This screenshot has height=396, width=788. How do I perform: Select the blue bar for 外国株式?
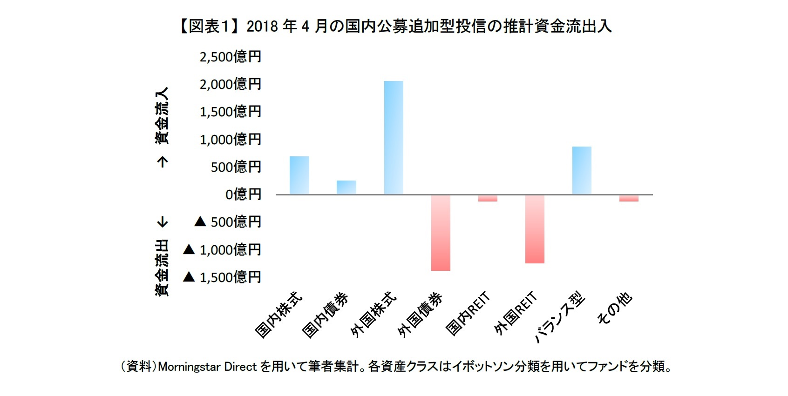(394, 138)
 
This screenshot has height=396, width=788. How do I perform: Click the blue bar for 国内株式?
(299, 175)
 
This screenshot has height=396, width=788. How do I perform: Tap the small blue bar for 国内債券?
(346, 188)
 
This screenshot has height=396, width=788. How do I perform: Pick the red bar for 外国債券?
(441, 233)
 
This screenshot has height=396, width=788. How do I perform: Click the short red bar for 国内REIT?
(488, 198)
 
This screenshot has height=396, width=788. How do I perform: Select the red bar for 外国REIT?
(535, 229)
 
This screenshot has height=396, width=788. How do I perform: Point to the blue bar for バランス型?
(582, 170)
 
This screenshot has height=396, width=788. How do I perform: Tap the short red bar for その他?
(629, 198)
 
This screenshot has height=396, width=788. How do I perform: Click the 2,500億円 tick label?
(231, 57)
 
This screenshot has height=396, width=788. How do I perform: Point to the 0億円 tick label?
(243, 194)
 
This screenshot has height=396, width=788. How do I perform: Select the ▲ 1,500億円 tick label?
(222, 277)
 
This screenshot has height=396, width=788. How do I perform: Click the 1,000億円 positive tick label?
(231, 139)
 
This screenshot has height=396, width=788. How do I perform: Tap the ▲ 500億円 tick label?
(228, 222)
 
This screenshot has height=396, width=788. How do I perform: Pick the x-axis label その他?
(615, 309)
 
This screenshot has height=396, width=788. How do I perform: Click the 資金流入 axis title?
(162, 115)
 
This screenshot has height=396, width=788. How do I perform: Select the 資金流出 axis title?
(162, 268)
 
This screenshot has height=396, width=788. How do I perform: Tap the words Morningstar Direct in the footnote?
(208, 367)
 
